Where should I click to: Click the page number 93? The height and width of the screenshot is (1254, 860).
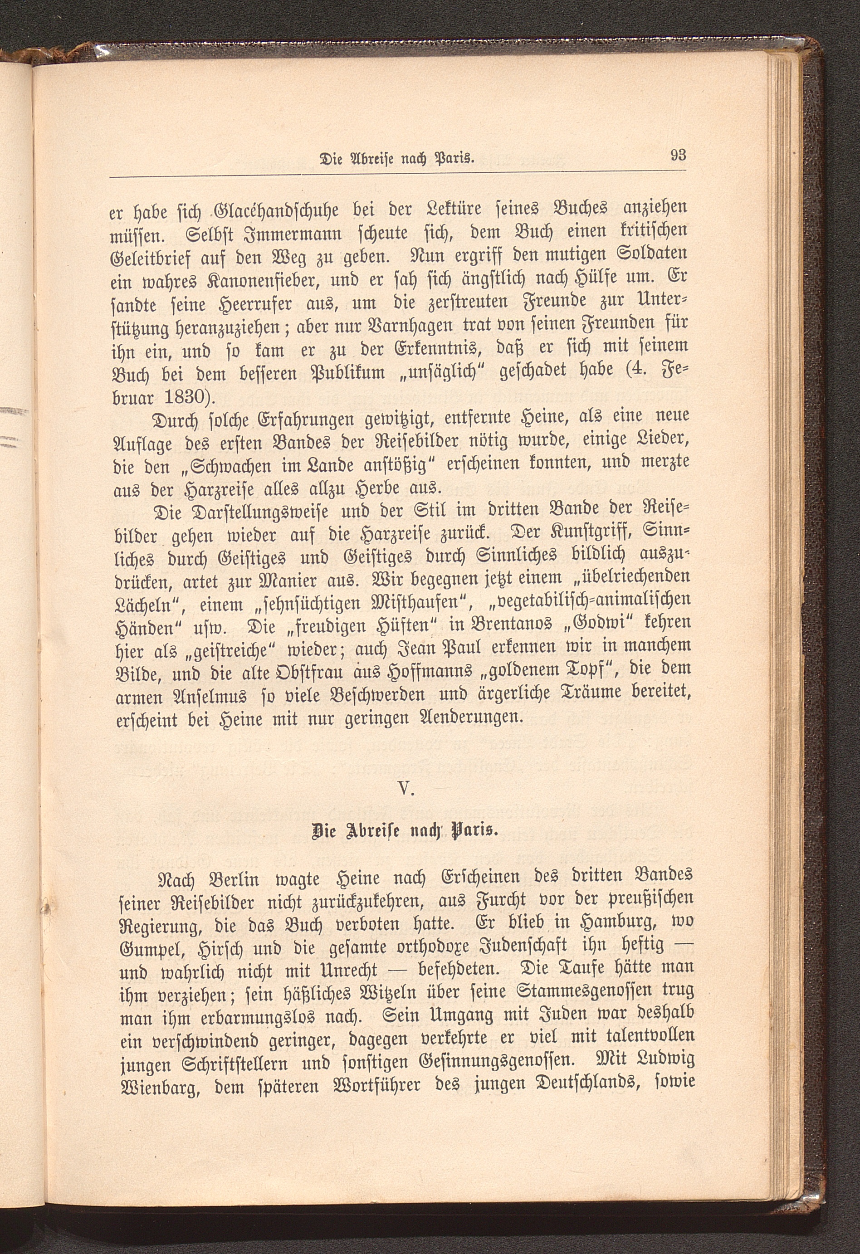coord(678,156)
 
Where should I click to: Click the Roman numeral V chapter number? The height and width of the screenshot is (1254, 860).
coord(405,790)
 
